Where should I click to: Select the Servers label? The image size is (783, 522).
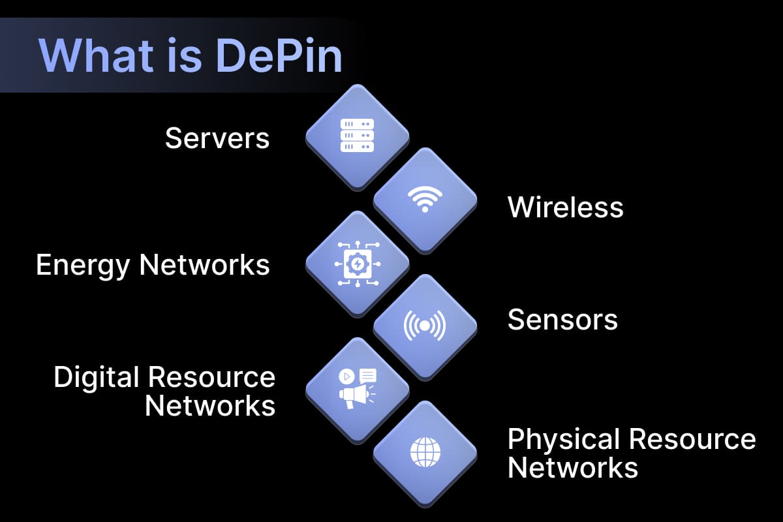coord(217,138)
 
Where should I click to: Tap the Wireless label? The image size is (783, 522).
coord(565,207)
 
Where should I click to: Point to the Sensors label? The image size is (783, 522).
coord(562,320)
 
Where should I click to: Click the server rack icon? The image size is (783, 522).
coord(358,136)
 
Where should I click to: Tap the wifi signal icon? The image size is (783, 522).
coord(425,200)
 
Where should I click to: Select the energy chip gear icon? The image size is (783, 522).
coord(358,264)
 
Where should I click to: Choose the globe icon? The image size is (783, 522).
coord(425,452)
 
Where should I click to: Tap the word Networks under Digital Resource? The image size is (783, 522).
coord(210,405)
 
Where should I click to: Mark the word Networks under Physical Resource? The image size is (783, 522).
coord(573,468)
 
